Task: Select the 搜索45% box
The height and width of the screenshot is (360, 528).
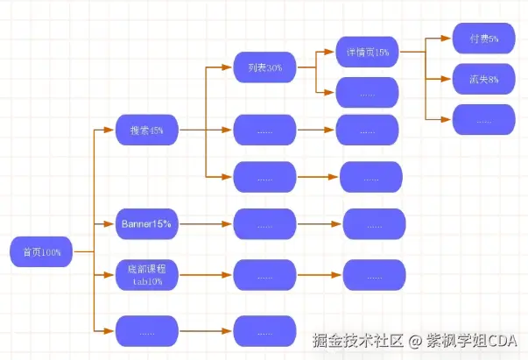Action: pos(146,131)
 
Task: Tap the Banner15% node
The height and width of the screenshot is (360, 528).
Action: pos(146,224)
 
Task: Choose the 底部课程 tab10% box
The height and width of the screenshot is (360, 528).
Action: pos(146,275)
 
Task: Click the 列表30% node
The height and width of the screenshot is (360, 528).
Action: pos(264,67)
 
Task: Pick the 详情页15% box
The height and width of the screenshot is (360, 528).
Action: pos(367,52)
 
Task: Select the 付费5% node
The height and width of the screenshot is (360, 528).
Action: pos(483,39)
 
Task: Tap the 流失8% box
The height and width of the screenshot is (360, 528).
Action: pos(483,79)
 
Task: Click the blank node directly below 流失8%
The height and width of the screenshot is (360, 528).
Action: pos(483,119)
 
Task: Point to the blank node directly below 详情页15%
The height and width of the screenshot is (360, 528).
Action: pos(367,92)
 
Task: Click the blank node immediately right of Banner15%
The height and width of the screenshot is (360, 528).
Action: pos(264,224)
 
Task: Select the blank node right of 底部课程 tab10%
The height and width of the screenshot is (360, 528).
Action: pos(264,275)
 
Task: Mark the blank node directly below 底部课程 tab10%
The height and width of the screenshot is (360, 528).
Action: pos(146,332)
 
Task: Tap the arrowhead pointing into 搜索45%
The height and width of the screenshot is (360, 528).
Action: pos(111,131)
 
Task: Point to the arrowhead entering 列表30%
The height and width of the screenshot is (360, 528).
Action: pos(229,67)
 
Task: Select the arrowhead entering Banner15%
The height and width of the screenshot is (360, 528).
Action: pos(111,224)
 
